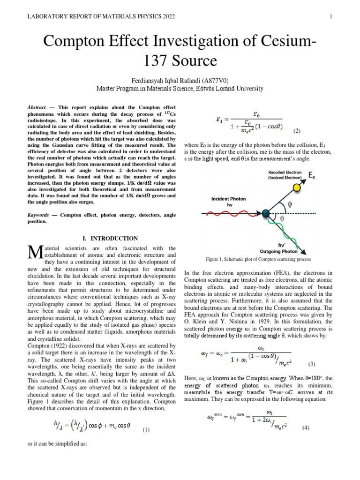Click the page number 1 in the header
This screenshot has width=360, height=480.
click(330, 17)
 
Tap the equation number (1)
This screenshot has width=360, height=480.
click(146, 429)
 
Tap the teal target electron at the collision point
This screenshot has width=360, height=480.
click(266, 214)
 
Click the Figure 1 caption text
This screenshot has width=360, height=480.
click(255, 259)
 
